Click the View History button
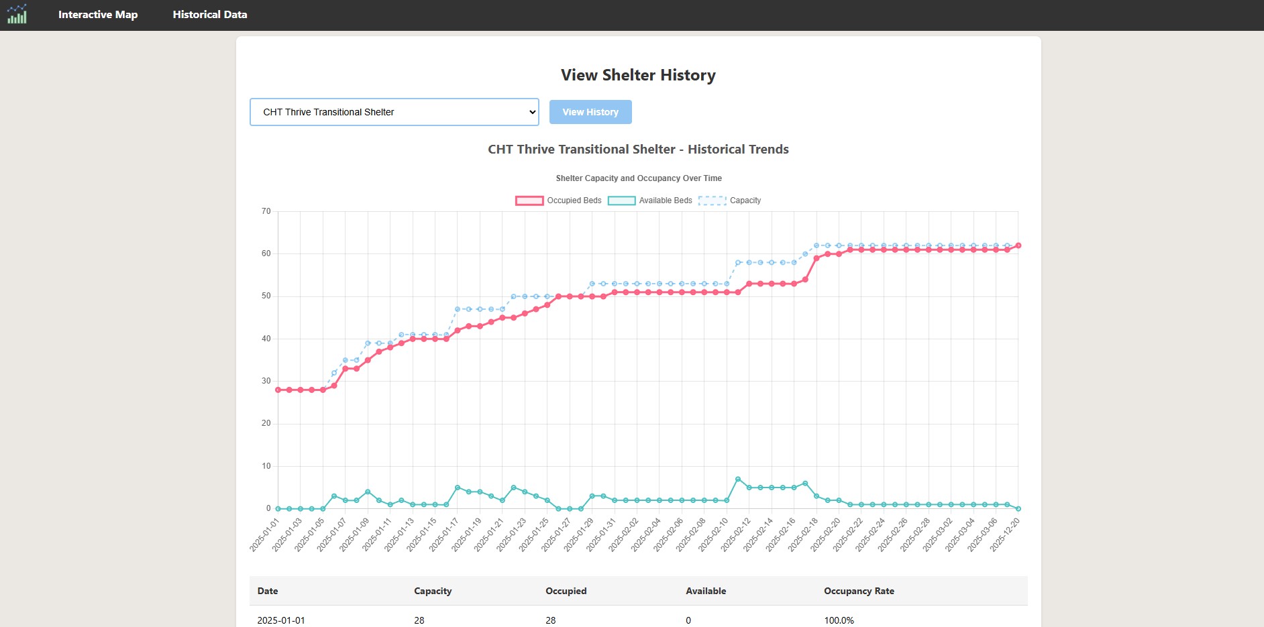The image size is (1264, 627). coord(590,112)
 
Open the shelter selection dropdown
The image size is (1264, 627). coord(394,112)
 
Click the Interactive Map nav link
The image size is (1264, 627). coord(98,15)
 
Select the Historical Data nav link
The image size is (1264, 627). coord(210,15)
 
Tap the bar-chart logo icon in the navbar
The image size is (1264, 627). coord(17,14)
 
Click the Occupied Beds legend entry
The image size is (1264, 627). coord(558,201)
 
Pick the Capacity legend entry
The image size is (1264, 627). coord(729,201)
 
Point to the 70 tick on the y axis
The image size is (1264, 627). coord(266,211)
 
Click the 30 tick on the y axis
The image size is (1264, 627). coord(266,381)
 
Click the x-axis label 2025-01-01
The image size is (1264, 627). coord(265,534)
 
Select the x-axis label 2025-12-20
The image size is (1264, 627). coord(1005,534)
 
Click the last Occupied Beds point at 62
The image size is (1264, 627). coord(1018,245)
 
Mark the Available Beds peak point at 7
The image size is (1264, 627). coord(738,479)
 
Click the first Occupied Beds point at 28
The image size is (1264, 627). coord(278,390)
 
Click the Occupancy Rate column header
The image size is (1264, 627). coord(859,591)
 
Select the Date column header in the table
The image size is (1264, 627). coord(268,591)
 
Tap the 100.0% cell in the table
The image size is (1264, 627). coord(839,620)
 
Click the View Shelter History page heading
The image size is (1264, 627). coord(638,75)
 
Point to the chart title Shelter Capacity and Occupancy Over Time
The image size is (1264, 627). coord(638,178)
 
